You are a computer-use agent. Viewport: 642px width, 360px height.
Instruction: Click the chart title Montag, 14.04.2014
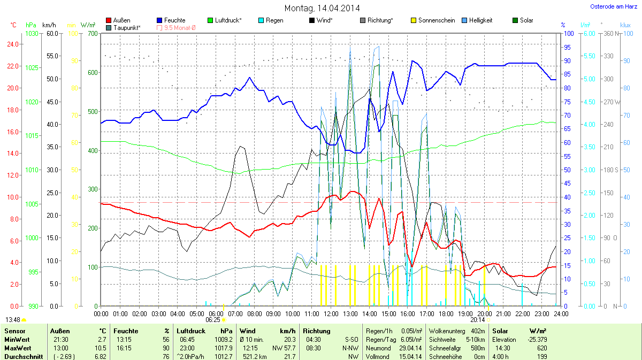(x=322, y=8)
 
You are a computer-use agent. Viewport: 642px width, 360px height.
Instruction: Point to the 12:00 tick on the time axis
(x=331, y=313)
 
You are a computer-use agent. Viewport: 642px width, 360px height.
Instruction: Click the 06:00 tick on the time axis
(x=216, y=313)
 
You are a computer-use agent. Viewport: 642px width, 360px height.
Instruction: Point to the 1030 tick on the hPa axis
(x=32, y=33)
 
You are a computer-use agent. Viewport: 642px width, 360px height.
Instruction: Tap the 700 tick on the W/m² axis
(x=93, y=33)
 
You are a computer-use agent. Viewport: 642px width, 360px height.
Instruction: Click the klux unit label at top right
(x=625, y=25)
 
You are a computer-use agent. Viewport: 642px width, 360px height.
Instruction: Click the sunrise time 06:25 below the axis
(x=213, y=320)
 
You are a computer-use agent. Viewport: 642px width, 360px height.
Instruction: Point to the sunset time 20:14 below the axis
(x=478, y=320)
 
